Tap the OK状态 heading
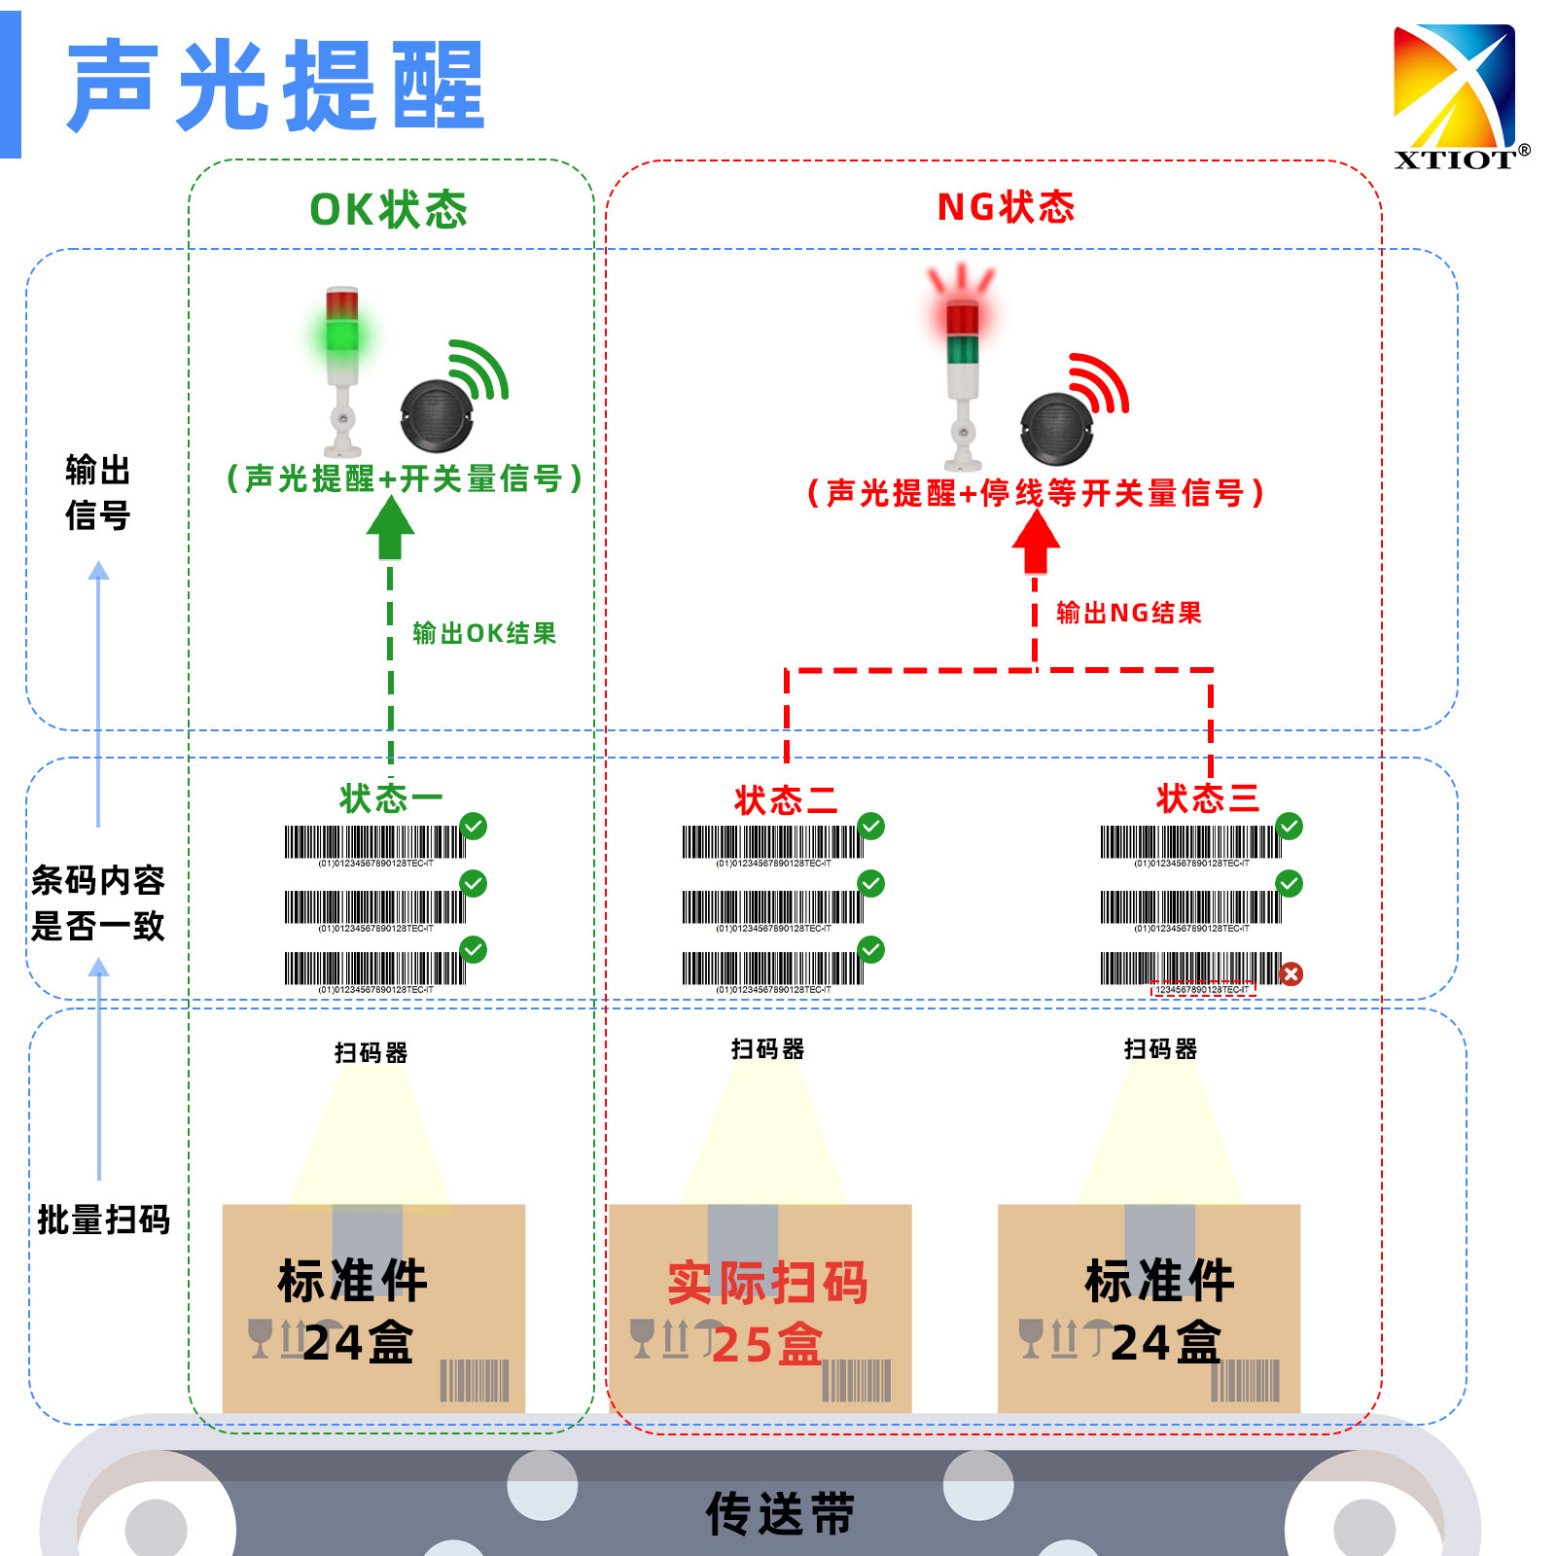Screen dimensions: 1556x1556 click(x=388, y=209)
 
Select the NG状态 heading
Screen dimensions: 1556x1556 click(x=1006, y=207)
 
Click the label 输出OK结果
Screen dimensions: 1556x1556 click(x=484, y=633)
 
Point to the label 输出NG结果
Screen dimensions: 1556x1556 click(x=1129, y=613)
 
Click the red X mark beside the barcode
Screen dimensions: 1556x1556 click(x=1291, y=973)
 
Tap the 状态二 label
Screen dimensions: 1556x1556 click(x=786, y=800)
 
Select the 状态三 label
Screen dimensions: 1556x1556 click(x=1207, y=798)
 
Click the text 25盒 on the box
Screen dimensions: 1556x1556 click(x=767, y=1344)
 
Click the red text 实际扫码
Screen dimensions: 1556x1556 click(x=767, y=1283)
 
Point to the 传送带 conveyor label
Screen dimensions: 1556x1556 click(x=780, y=1513)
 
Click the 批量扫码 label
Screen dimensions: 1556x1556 click(x=103, y=1219)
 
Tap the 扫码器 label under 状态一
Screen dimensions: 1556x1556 click(x=371, y=1052)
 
